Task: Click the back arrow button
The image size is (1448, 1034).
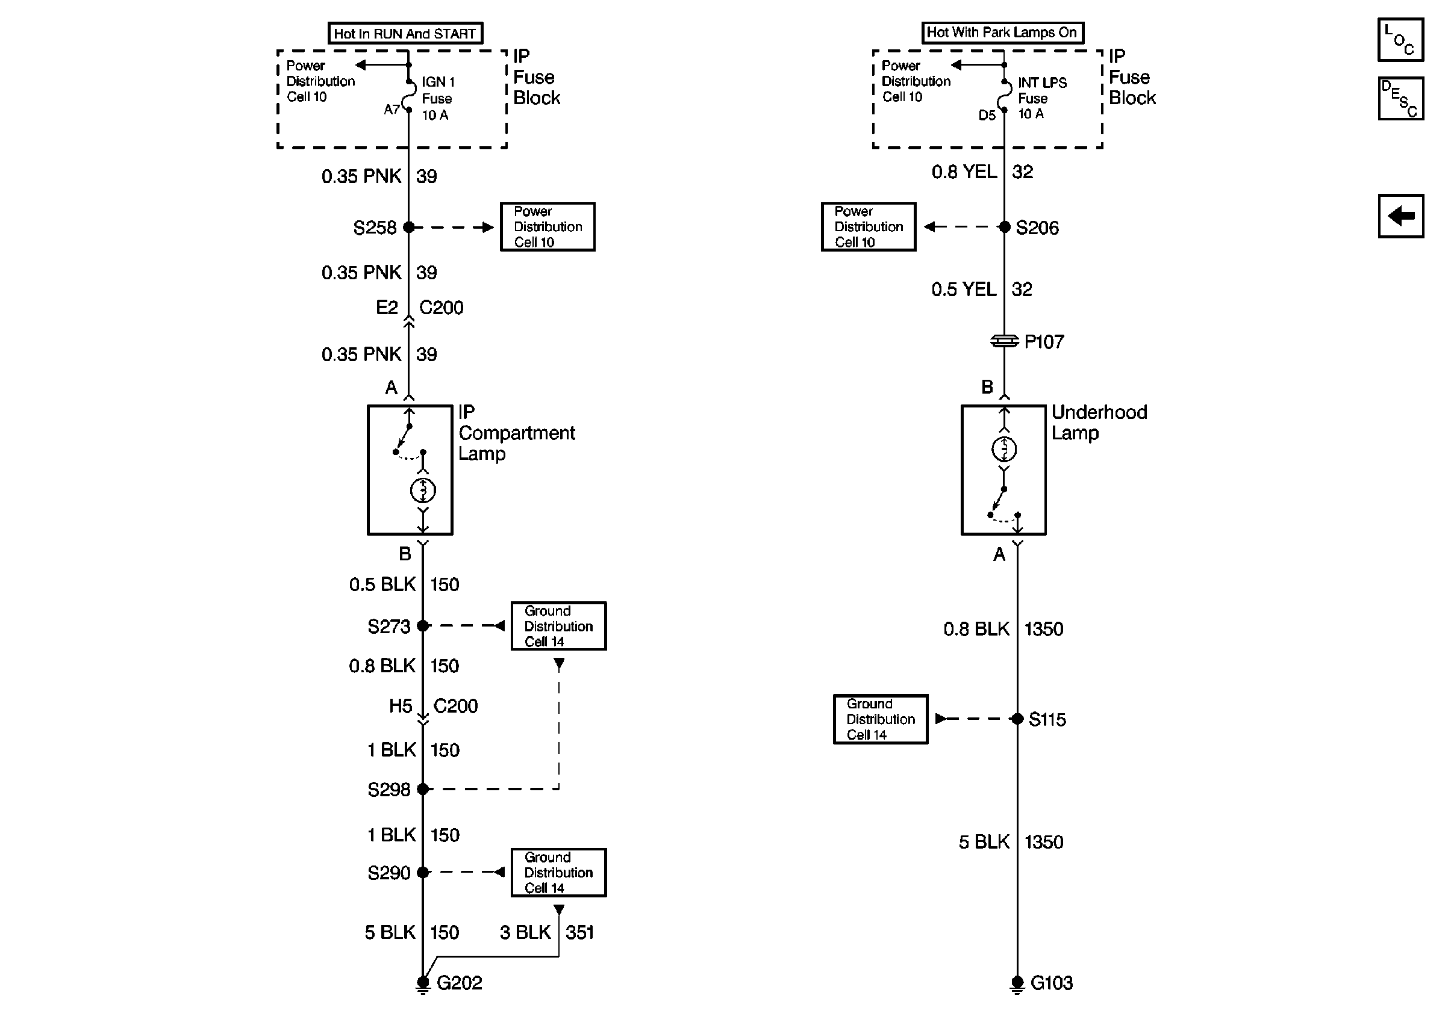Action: point(1400,216)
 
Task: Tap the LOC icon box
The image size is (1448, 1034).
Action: point(1400,40)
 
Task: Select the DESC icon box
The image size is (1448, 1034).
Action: point(1400,99)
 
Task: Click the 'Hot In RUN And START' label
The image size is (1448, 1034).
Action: point(405,33)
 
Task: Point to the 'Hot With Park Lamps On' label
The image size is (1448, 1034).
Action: point(1002,33)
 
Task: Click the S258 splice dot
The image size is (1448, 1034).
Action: point(409,228)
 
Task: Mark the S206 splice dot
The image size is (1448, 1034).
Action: point(1005,227)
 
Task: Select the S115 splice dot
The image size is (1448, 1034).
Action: point(1017,719)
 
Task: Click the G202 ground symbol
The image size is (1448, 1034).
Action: point(423,984)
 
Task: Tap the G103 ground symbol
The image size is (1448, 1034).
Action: point(1017,984)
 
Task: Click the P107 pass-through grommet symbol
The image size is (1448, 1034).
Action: point(1005,341)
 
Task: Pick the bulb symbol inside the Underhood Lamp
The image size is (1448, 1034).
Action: point(1005,450)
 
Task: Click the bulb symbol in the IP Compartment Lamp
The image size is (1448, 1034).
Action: point(423,491)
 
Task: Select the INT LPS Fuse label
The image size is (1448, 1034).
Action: point(1041,98)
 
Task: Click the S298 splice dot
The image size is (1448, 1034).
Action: point(423,789)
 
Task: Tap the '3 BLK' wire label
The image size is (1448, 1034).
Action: point(525,932)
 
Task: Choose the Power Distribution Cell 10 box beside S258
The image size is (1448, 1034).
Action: point(548,227)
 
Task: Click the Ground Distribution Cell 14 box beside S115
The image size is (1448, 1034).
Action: point(881,719)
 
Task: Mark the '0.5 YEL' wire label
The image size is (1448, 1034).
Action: point(963,289)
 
